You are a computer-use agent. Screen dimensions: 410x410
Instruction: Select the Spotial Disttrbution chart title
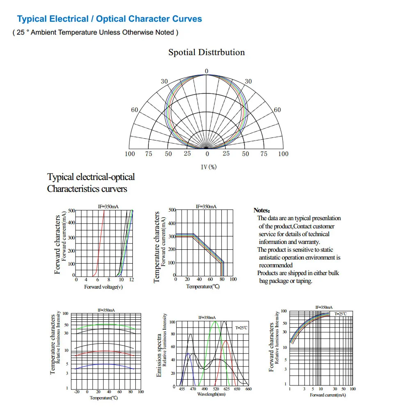[206, 52]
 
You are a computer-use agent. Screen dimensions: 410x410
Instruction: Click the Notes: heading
[262, 210]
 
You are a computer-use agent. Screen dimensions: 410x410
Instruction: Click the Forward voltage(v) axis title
[103, 287]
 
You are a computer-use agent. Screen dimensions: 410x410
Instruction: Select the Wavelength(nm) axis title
[211, 394]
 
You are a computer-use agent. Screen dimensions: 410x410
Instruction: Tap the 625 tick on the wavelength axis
[226, 389]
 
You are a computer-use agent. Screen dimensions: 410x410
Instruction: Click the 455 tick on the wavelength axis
[182, 389]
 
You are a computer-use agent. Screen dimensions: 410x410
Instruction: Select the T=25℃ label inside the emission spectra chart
[241, 328]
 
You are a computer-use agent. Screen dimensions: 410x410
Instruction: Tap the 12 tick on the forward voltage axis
[132, 280]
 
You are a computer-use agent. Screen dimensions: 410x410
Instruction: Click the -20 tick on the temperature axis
[77, 392]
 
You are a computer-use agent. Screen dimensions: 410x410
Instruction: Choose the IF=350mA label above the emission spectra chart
[207, 318]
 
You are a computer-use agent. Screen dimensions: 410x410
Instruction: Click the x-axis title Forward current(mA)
[328, 395]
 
